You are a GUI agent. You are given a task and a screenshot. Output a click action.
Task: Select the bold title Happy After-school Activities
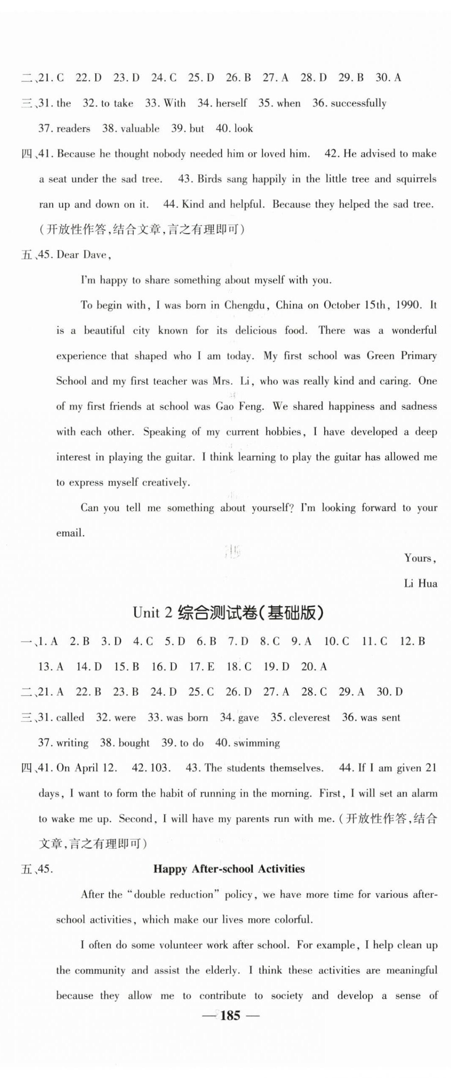pos(229,868)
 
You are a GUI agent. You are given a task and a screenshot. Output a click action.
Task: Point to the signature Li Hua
pos(420,583)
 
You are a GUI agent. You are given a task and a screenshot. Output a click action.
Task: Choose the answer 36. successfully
pos(349,103)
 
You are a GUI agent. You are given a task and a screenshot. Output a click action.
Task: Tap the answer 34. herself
pos(222,103)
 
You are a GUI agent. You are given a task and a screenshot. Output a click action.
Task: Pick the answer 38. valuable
pos(131,128)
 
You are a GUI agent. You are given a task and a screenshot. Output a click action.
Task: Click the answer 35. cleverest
pos(300,717)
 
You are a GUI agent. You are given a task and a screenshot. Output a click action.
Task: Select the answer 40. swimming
pos(247,743)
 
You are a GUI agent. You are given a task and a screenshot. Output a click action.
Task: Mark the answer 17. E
pos(202,667)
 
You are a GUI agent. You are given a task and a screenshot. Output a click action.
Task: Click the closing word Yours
pos(419,558)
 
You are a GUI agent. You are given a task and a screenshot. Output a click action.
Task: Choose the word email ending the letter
pos(70,533)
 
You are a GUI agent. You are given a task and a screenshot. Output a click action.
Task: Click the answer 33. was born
pos(178,717)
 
